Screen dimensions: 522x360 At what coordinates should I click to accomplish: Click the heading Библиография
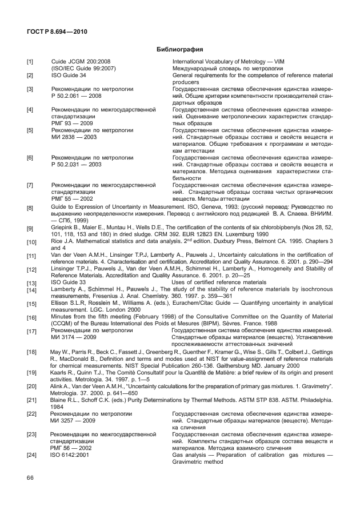179,49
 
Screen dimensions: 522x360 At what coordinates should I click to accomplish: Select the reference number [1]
30,61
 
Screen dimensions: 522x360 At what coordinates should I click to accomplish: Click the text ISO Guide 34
69,75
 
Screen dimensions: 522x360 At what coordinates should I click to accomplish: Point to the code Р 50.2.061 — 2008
77,96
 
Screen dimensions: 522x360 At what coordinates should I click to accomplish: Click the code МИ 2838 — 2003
74,137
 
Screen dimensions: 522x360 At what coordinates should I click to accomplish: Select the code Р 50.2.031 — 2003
77,164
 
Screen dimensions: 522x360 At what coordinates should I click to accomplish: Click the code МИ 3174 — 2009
74,337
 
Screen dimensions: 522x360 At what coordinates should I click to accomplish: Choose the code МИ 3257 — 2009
74,420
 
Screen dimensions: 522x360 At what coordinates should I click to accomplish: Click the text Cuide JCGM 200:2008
81,61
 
